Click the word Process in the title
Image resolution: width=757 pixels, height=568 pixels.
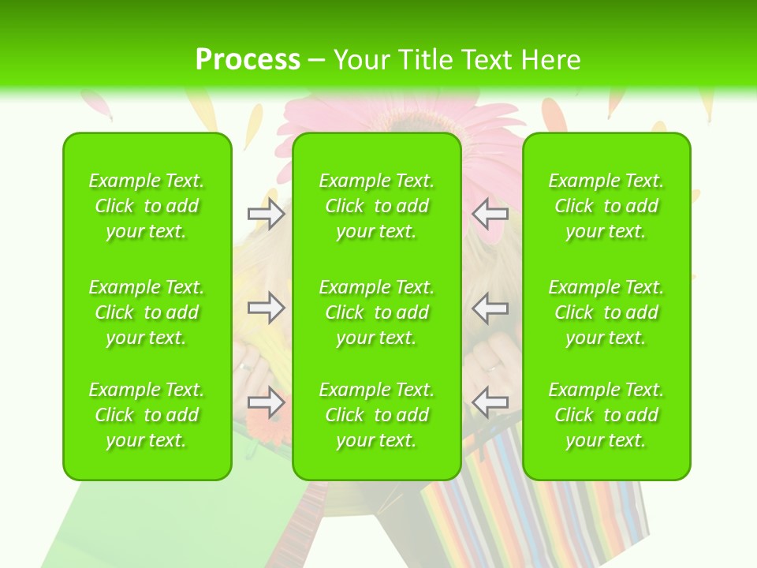pos(248,60)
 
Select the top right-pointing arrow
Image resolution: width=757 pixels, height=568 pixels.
pos(266,214)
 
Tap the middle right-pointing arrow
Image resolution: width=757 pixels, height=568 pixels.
pos(266,308)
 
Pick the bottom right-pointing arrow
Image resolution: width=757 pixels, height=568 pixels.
pos(266,402)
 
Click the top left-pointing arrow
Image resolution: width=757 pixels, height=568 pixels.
pos(490,214)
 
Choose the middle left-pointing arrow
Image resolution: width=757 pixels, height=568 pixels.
pos(490,308)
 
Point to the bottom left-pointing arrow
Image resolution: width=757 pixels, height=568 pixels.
pos(490,402)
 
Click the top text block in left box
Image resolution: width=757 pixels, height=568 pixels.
pos(147,206)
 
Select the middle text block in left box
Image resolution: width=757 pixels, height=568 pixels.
pos(147,312)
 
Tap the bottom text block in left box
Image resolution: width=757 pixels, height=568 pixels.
pos(147,415)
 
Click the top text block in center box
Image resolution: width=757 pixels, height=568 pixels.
pos(376,206)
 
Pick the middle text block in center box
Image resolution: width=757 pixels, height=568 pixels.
pos(376,312)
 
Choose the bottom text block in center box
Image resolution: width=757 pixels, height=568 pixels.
pos(376,415)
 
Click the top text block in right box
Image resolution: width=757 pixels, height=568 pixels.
pos(606,206)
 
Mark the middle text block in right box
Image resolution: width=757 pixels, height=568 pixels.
pos(606,312)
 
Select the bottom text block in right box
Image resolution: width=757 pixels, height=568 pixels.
pos(606,415)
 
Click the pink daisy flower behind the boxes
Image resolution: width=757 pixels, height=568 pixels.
pos(489,118)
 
